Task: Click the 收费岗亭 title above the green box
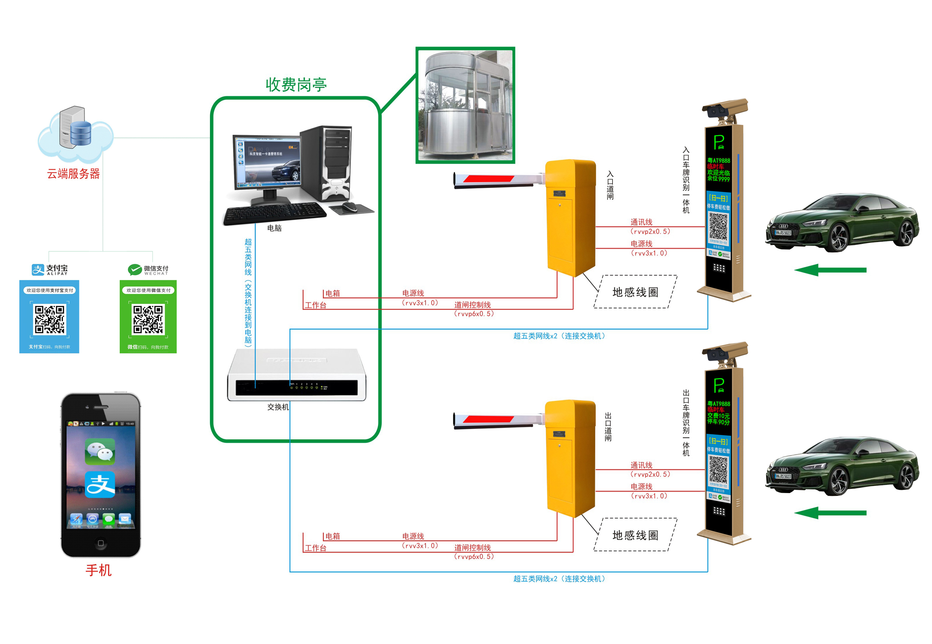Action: [296, 85]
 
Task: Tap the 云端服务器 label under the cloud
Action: [73, 174]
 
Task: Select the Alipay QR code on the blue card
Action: [49, 319]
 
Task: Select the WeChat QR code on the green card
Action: [148, 319]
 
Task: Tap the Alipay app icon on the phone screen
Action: [100, 484]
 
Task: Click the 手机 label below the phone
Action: [99, 570]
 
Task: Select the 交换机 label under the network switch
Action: [278, 407]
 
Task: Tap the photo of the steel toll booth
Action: [465, 105]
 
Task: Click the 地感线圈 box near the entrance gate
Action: [635, 292]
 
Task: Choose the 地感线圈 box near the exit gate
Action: [635, 535]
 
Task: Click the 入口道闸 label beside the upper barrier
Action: [610, 185]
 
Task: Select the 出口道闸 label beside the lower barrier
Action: [608, 427]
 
